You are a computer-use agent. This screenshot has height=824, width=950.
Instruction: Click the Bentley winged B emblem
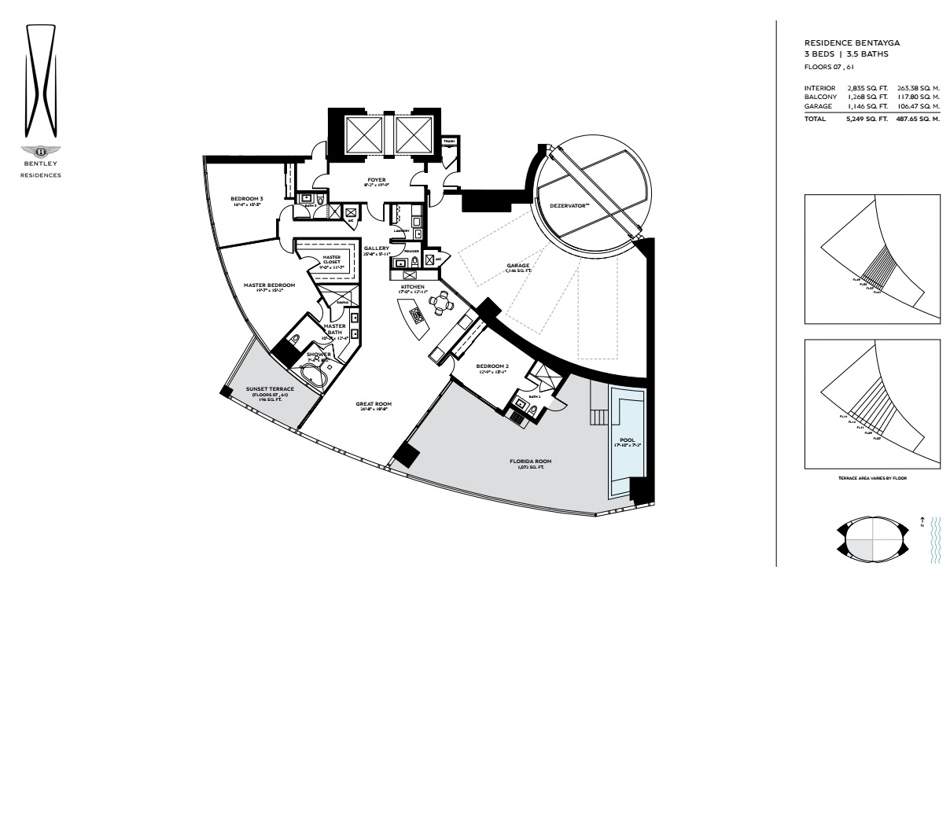[x=40, y=151]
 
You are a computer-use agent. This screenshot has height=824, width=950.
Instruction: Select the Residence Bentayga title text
[x=852, y=43]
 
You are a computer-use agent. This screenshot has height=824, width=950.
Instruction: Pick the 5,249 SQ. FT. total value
[x=867, y=119]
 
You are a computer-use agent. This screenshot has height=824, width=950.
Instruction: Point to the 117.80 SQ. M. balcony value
[x=919, y=97]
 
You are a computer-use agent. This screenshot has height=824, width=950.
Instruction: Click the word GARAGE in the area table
[x=818, y=106]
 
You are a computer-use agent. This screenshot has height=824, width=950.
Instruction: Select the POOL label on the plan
[x=628, y=440]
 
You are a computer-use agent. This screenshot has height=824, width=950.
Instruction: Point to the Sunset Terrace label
[x=270, y=389]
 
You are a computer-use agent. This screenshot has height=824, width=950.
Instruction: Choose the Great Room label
[x=375, y=404]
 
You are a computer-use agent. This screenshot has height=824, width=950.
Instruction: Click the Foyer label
[x=377, y=180]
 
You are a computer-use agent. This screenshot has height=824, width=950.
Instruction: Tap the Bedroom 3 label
[x=246, y=199]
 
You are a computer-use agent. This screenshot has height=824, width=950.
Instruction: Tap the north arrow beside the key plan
[x=922, y=522]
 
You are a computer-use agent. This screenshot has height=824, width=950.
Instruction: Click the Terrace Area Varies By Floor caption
[x=872, y=478]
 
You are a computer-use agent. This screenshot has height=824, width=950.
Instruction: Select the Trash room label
[x=449, y=142]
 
